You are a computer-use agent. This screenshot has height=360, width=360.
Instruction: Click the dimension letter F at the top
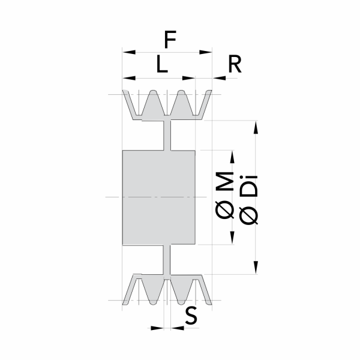[170, 39]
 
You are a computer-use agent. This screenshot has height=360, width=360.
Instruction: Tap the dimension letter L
[162, 64]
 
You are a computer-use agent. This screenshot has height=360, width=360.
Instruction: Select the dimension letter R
[235, 64]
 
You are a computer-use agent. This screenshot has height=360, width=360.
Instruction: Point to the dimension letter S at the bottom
[191, 316]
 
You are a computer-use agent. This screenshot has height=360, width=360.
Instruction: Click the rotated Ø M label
[224, 196]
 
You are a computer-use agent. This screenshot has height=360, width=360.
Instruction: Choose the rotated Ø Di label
[248, 200]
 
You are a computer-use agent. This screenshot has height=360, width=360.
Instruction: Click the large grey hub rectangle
[159, 197]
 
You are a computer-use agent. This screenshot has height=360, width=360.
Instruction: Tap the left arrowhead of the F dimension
[129, 52]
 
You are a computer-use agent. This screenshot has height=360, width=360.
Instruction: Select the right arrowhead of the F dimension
[205, 52]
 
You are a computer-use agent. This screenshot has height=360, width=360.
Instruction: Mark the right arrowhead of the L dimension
[189, 78]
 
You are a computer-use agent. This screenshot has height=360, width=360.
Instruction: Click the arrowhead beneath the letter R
[219, 78]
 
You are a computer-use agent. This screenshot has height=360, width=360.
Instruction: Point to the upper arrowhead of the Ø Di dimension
[256, 127]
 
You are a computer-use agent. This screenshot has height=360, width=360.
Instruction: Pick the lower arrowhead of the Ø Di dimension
[256, 267]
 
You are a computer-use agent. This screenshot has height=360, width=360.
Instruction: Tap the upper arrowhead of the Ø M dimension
[232, 157]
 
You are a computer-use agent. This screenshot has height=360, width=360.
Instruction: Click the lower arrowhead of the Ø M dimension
[232, 238]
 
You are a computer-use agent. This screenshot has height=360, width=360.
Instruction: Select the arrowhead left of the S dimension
[157, 328]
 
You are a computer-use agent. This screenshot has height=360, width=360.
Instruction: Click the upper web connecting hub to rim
[167, 135]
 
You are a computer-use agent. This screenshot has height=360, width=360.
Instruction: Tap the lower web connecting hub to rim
[167, 260]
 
